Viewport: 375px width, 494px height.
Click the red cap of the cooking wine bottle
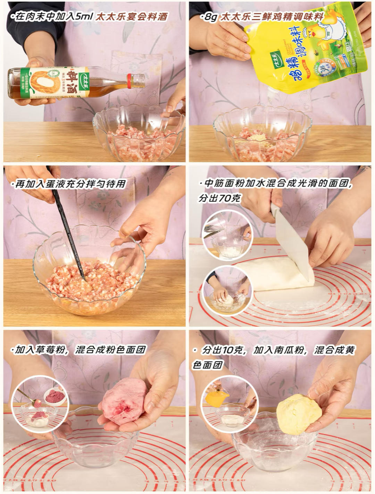point(129,81)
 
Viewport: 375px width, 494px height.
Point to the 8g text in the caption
point(210,17)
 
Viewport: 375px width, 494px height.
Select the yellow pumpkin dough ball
point(298,413)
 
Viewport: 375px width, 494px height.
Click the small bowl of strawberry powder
point(55,396)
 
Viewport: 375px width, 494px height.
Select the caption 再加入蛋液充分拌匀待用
point(70,184)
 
